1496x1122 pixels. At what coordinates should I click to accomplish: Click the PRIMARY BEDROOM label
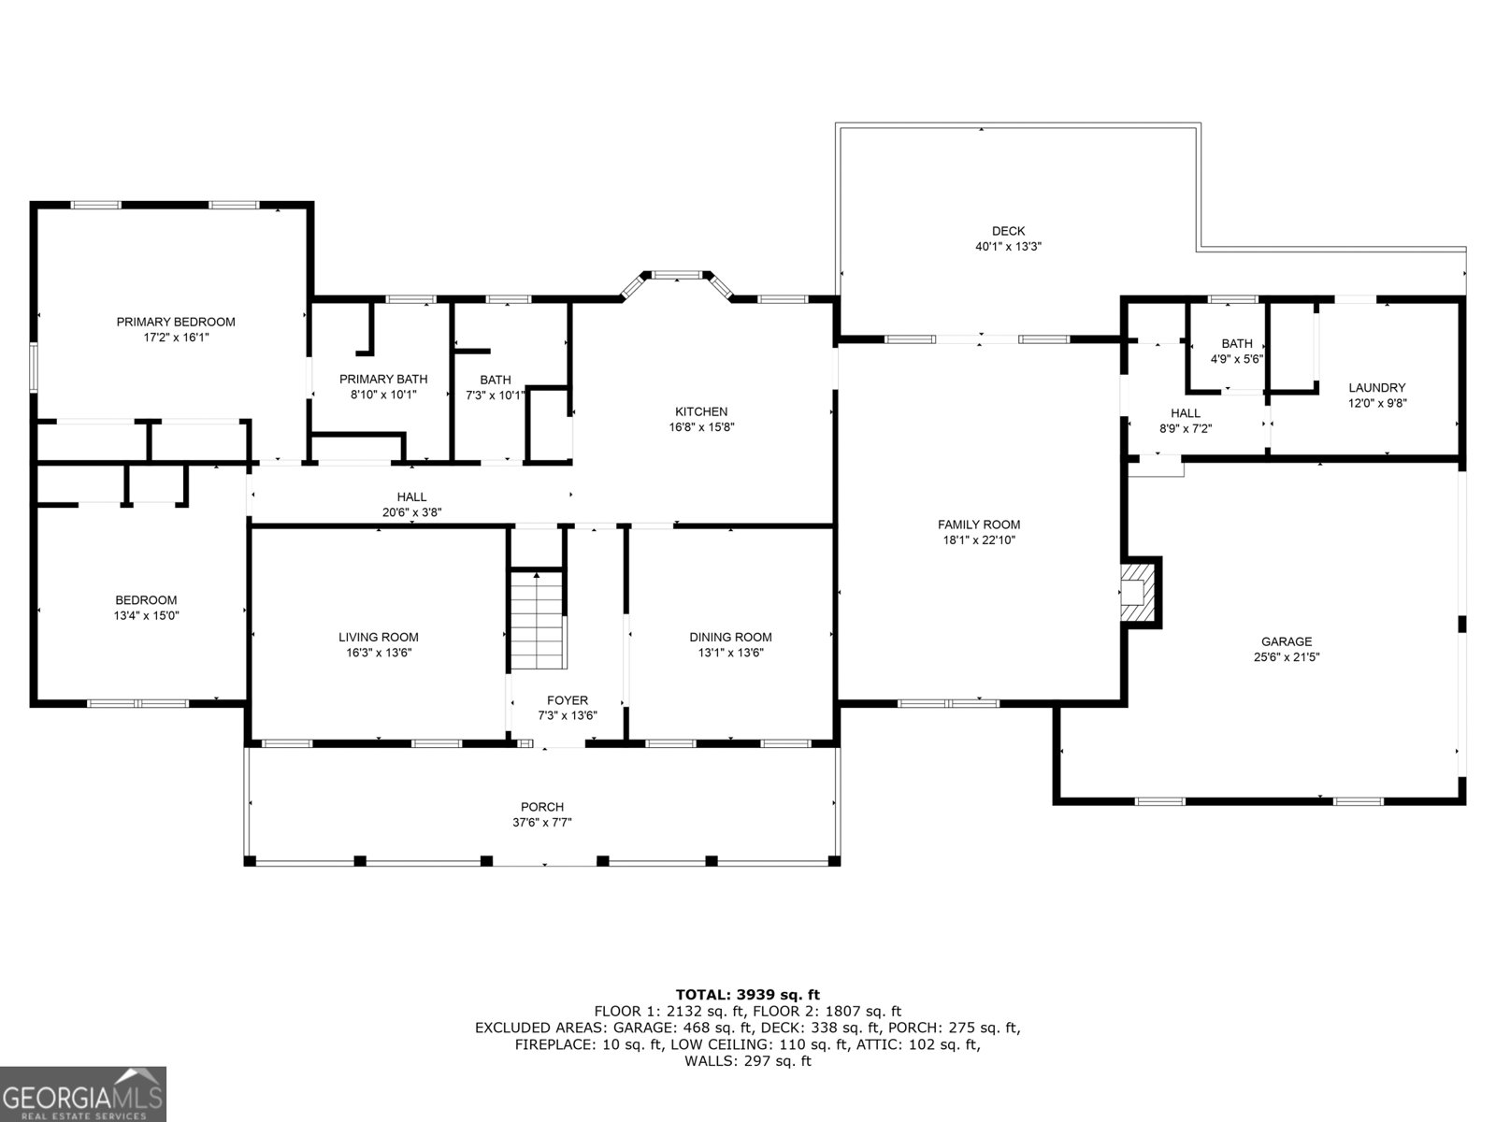176,322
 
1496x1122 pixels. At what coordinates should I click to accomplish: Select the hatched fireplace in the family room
1140,592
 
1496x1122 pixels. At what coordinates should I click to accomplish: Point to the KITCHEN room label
701,411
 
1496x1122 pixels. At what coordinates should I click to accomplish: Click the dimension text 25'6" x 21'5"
1287,657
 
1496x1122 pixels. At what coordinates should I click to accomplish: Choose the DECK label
1008,231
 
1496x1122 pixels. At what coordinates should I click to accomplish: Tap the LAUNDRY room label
1376,388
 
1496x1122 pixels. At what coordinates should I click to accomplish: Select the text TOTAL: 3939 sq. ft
747,995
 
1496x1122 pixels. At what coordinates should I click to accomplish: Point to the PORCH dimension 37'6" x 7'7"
542,823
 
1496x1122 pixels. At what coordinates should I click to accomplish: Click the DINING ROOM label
730,638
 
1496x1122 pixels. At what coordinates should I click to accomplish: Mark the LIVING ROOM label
379,638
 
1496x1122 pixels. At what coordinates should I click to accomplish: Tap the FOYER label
568,700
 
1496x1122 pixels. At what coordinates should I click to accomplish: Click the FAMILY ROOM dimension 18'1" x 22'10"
979,540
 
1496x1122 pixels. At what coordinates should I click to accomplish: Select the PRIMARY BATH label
383,379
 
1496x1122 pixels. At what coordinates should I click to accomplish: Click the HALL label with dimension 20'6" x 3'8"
411,497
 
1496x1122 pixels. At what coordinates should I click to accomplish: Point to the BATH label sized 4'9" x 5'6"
1236,343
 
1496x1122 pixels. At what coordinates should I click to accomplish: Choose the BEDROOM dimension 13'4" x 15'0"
146,616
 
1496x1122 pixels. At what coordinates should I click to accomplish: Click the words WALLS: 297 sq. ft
747,1061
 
